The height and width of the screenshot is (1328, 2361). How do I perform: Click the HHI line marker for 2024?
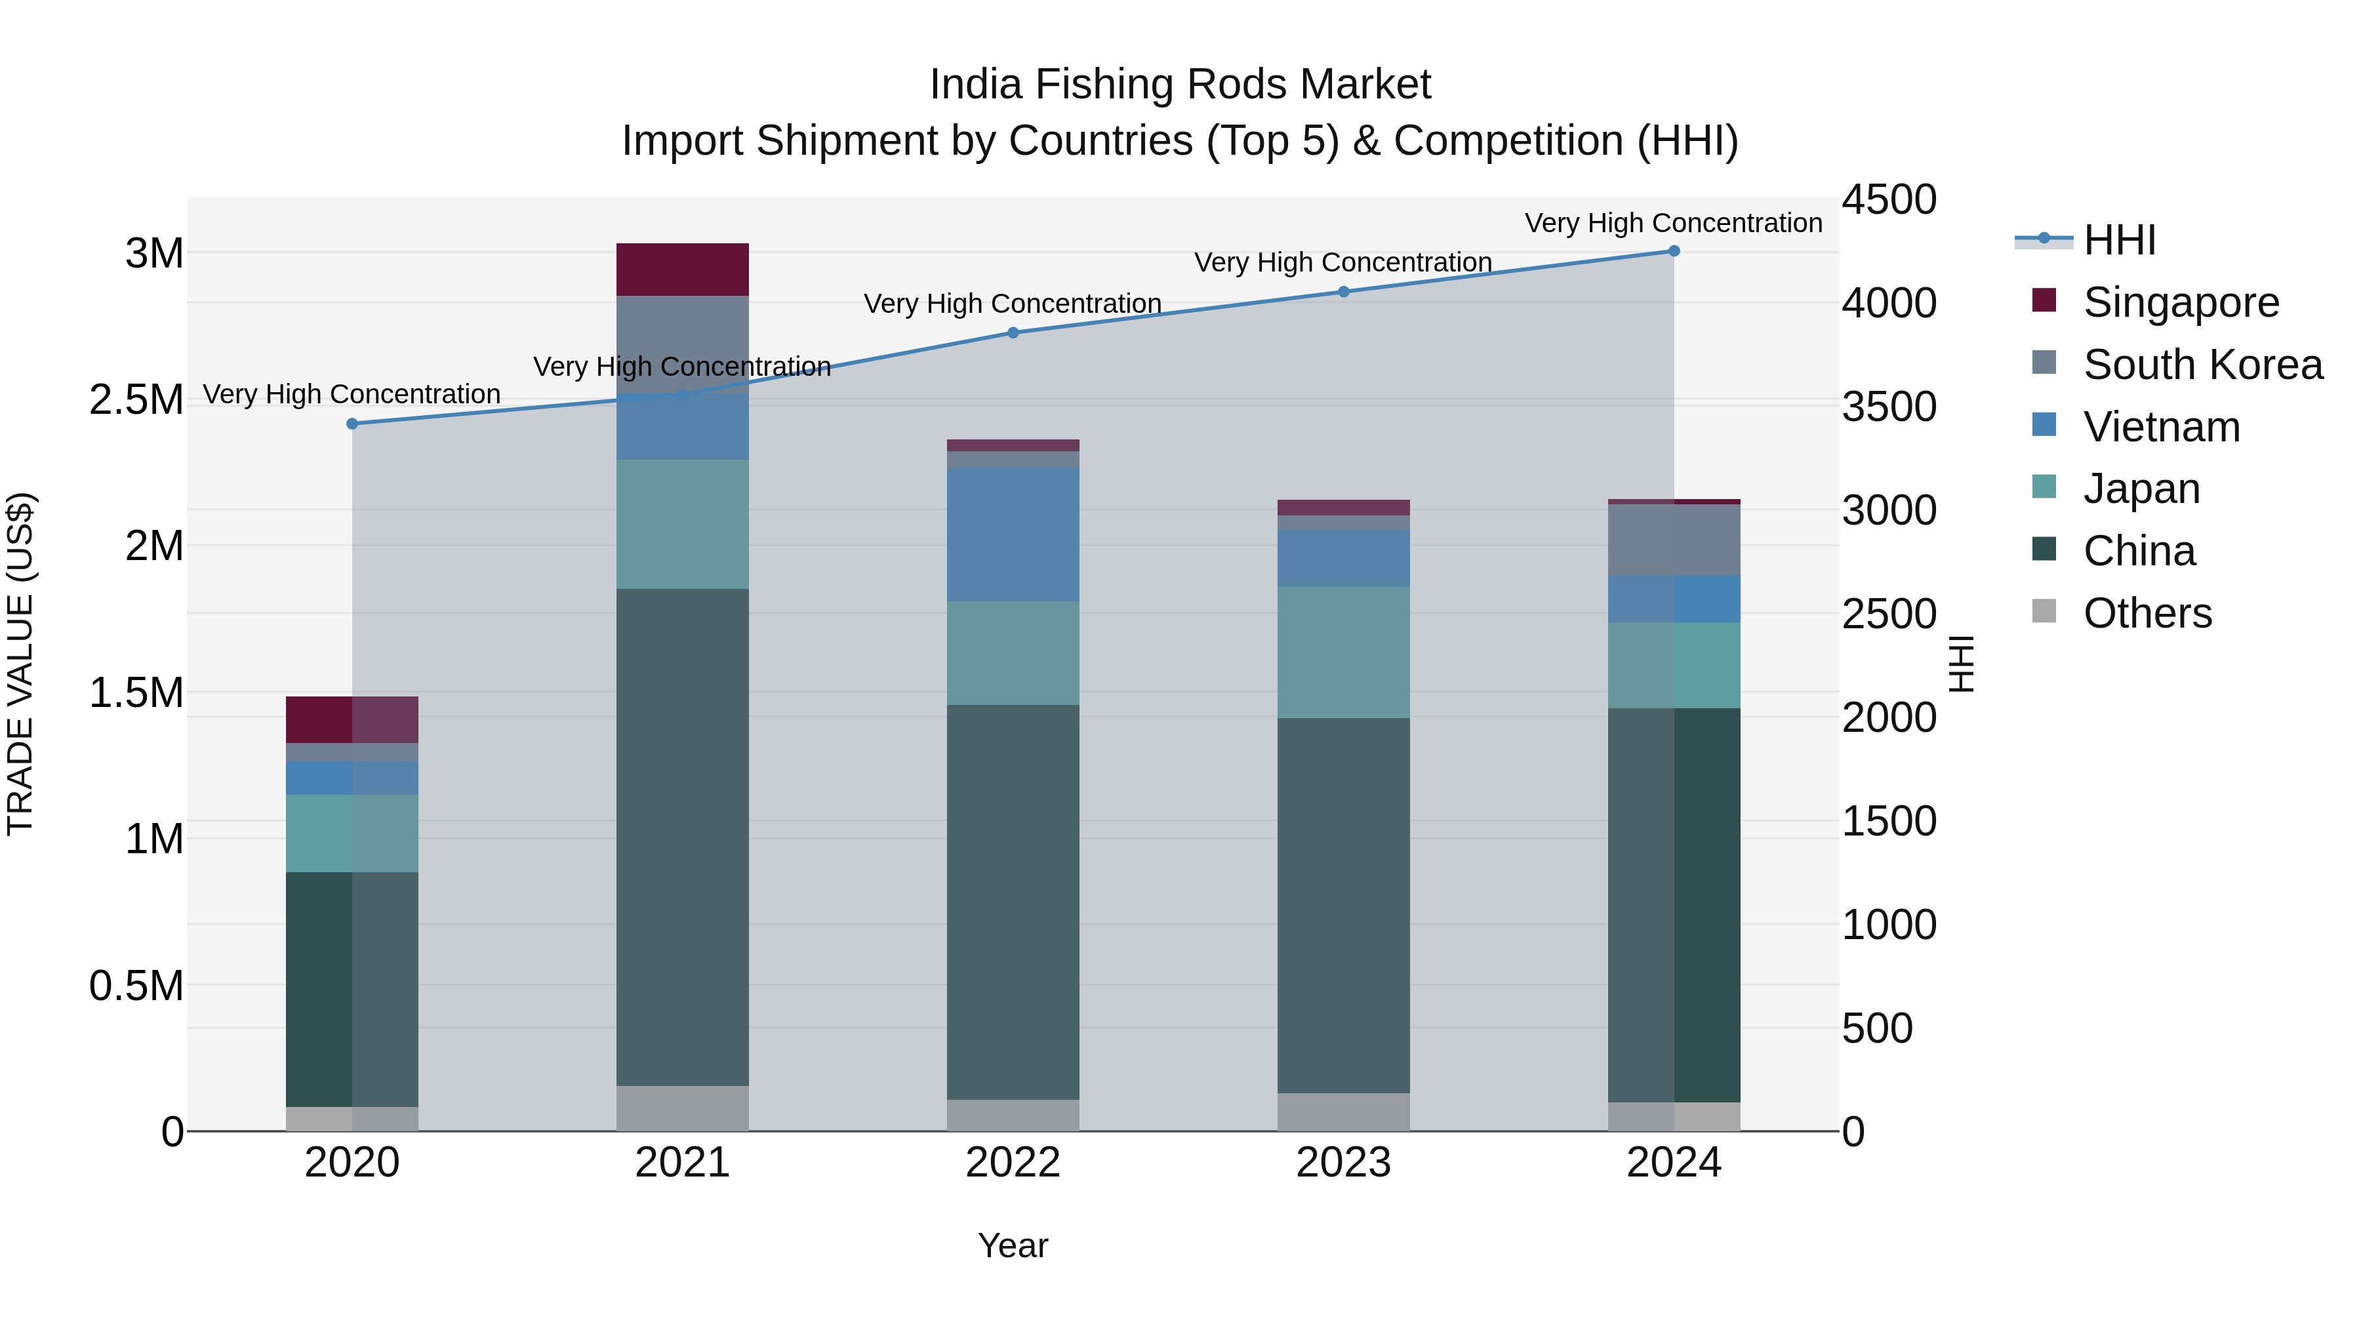(x=1674, y=251)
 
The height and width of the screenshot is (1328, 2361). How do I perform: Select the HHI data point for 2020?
(x=352, y=424)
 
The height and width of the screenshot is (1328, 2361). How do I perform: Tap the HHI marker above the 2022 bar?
(x=1013, y=332)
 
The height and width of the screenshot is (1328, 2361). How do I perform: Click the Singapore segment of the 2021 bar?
(x=682, y=270)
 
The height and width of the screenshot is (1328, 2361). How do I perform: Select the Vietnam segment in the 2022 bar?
(x=1013, y=534)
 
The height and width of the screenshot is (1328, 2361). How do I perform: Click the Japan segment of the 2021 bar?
(x=682, y=524)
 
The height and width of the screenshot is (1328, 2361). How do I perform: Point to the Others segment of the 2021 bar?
(x=682, y=1108)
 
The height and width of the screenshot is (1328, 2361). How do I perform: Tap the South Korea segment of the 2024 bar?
(x=1674, y=540)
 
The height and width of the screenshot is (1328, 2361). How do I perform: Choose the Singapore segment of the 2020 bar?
(x=352, y=719)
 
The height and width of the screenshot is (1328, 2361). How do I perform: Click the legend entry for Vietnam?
(x=2160, y=427)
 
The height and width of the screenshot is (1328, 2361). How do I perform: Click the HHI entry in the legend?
(x=2118, y=240)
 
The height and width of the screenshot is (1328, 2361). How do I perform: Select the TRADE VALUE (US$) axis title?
(x=21, y=664)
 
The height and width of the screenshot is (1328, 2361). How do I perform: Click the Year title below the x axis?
(x=1013, y=1245)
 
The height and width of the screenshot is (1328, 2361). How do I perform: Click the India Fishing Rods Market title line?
(x=1180, y=85)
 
